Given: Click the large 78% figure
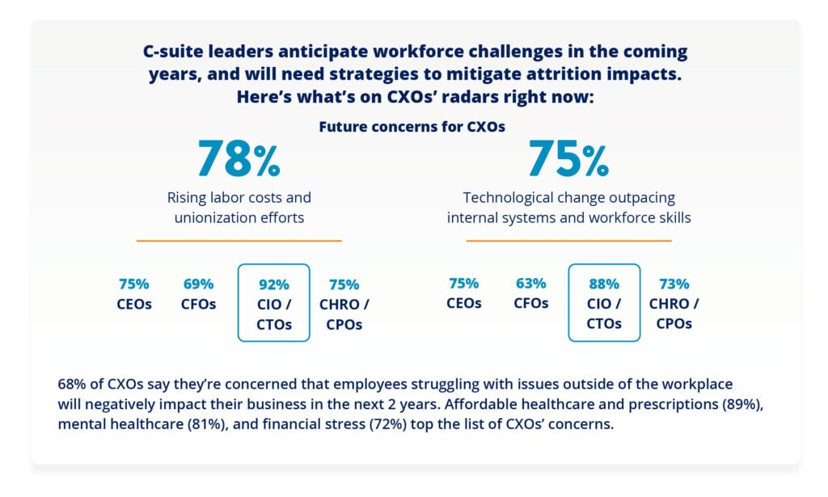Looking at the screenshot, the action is click(x=239, y=158).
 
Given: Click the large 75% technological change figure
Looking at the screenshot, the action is click(x=568, y=158).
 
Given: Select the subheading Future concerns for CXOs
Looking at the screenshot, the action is click(x=412, y=127).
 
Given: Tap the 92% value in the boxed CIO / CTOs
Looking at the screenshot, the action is click(x=273, y=284).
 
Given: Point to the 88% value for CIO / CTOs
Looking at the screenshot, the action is click(x=603, y=284).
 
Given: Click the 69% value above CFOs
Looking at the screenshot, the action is click(x=199, y=284).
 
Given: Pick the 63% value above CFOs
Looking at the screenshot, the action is click(x=530, y=284).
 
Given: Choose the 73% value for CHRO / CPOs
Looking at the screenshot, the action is click(x=674, y=284).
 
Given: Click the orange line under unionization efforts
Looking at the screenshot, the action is click(x=239, y=241).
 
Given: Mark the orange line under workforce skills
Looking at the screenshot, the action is click(x=568, y=241).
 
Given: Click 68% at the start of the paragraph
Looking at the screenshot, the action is click(x=72, y=384).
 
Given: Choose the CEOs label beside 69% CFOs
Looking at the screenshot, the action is click(x=134, y=305).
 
